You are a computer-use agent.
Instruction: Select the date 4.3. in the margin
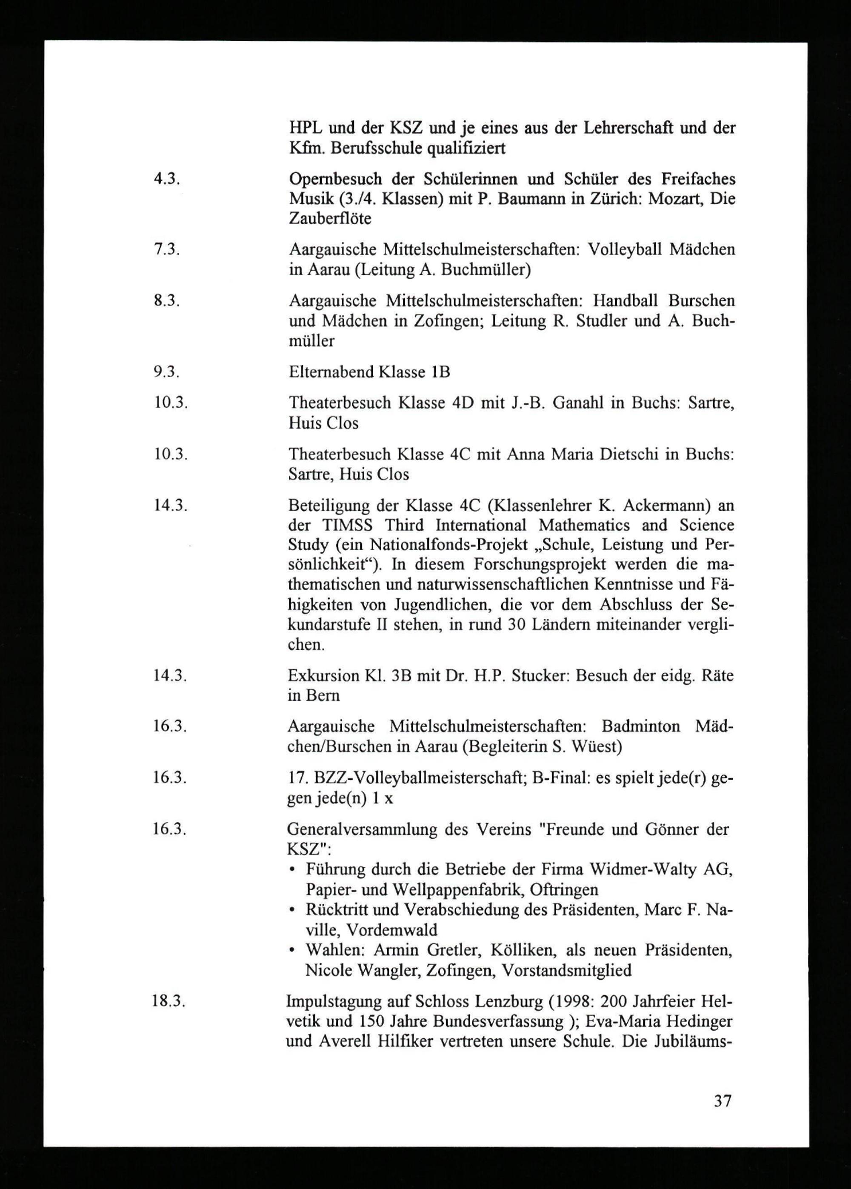click(x=167, y=179)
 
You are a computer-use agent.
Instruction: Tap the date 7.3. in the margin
click(x=167, y=249)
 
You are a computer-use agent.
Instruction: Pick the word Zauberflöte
click(x=330, y=218)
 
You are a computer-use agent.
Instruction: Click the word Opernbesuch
click(x=335, y=179)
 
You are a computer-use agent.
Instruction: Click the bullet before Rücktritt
click(x=292, y=911)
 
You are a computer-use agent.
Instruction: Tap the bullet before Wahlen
click(x=292, y=951)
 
